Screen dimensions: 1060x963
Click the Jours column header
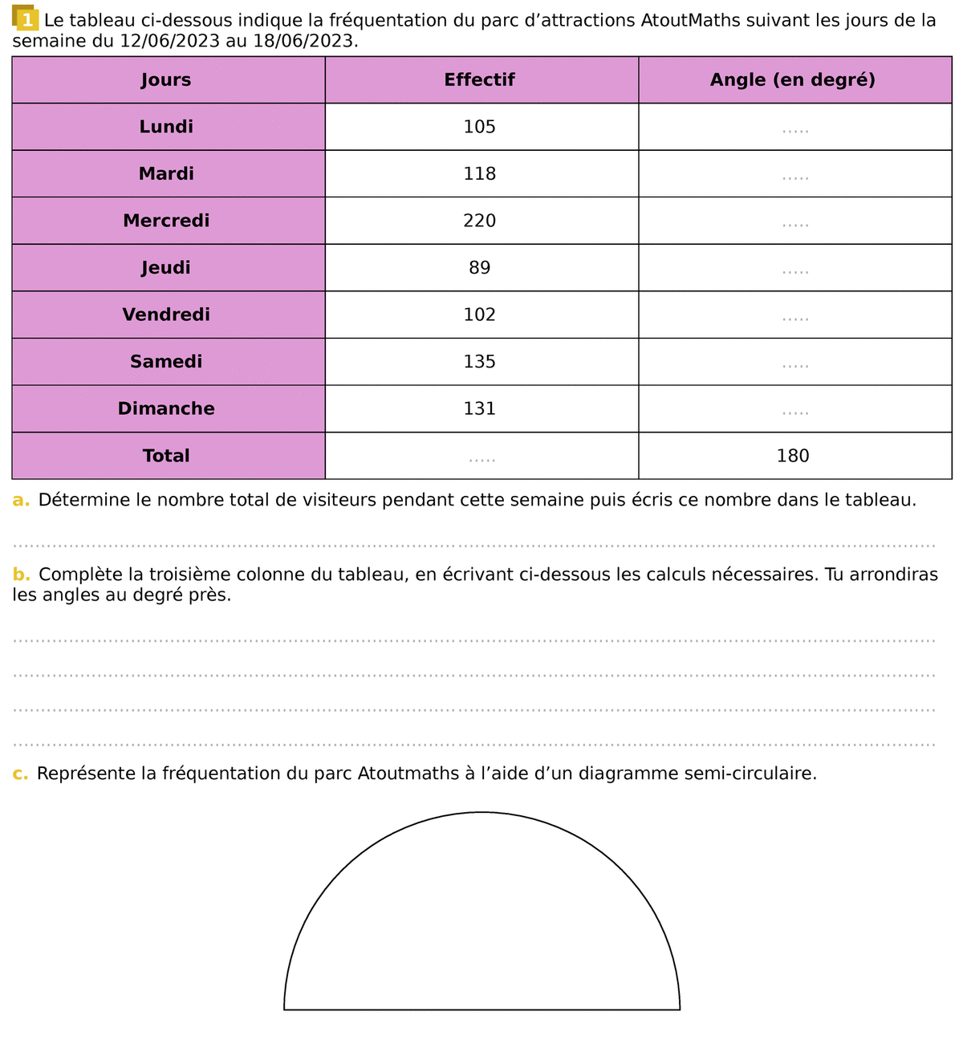pyautogui.click(x=166, y=79)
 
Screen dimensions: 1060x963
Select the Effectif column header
pyautogui.click(x=479, y=79)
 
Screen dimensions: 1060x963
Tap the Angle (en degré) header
pyautogui.click(x=793, y=79)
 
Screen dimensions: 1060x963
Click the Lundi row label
pyautogui.click(x=166, y=127)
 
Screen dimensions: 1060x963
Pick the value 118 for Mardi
pyautogui.click(x=479, y=174)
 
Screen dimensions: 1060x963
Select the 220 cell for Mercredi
pyautogui.click(x=479, y=221)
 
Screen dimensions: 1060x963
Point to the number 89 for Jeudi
pyautogui.click(x=479, y=268)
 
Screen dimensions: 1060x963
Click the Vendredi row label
pyautogui.click(x=166, y=315)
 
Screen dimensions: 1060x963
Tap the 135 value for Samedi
pyautogui.click(x=479, y=362)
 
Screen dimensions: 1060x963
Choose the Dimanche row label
pyautogui.click(x=166, y=408)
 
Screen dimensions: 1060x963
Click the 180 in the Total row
pyautogui.click(x=793, y=456)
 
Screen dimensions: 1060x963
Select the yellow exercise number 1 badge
pyautogui.click(x=26, y=19)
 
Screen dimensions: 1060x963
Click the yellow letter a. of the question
pyautogui.click(x=21, y=500)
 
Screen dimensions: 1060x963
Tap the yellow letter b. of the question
pyautogui.click(x=22, y=575)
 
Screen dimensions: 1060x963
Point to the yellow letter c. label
pyautogui.click(x=20, y=774)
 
